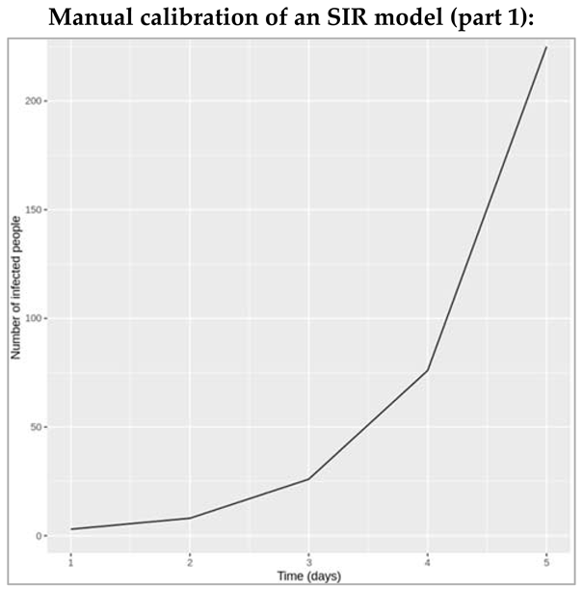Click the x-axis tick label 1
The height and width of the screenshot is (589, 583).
point(70,561)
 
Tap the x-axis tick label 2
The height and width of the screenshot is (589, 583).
point(190,561)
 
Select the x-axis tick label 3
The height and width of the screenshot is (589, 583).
point(308,561)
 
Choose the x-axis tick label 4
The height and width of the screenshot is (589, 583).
point(428,561)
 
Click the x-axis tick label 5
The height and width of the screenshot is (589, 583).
point(546,561)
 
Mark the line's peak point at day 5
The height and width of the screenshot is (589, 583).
point(546,47)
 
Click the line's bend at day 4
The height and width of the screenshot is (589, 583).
point(428,370)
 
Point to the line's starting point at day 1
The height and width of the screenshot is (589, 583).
point(70,529)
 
